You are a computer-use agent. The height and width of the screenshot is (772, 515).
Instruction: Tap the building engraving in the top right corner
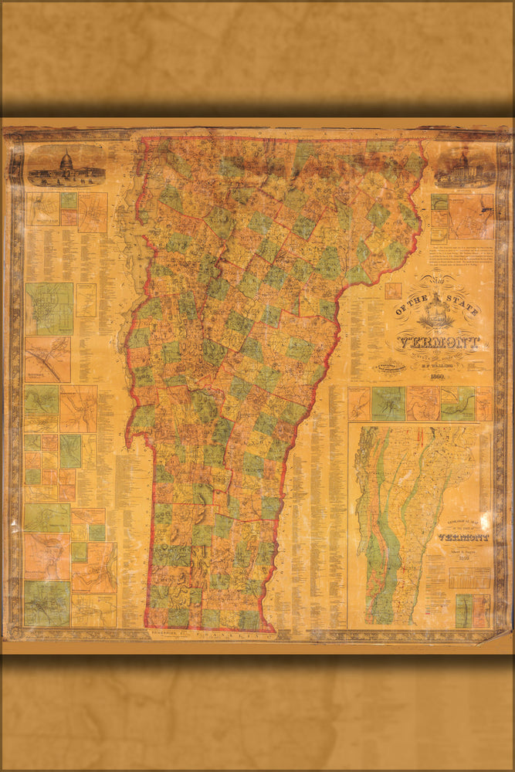click(463, 168)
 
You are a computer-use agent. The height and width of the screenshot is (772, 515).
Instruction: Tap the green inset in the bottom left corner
click(46, 603)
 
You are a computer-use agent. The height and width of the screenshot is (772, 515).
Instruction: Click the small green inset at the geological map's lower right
click(462, 610)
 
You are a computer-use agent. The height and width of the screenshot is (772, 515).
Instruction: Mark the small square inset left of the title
click(393, 290)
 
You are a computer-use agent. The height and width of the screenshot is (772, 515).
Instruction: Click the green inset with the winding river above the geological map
click(458, 404)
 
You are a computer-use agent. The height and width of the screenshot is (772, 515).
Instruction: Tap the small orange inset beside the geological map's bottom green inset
click(481, 610)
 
